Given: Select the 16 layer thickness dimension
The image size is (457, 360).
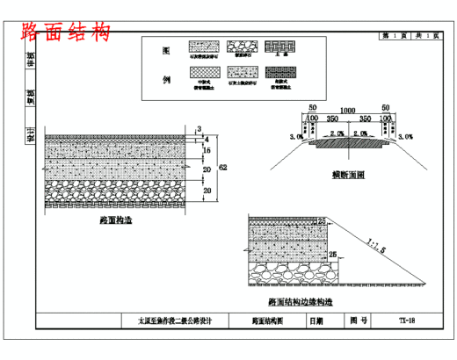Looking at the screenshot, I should pyautogui.click(x=207, y=151).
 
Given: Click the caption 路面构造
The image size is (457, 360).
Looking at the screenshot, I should pyautogui.click(x=115, y=223).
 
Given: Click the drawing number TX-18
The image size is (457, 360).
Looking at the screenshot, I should pyautogui.click(x=405, y=321).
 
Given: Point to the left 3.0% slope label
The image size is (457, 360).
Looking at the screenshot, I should pyautogui.click(x=297, y=137).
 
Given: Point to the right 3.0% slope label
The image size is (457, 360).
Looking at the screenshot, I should pyautogui.click(x=405, y=137).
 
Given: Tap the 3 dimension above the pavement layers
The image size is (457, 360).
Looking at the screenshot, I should pyautogui.click(x=199, y=128).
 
